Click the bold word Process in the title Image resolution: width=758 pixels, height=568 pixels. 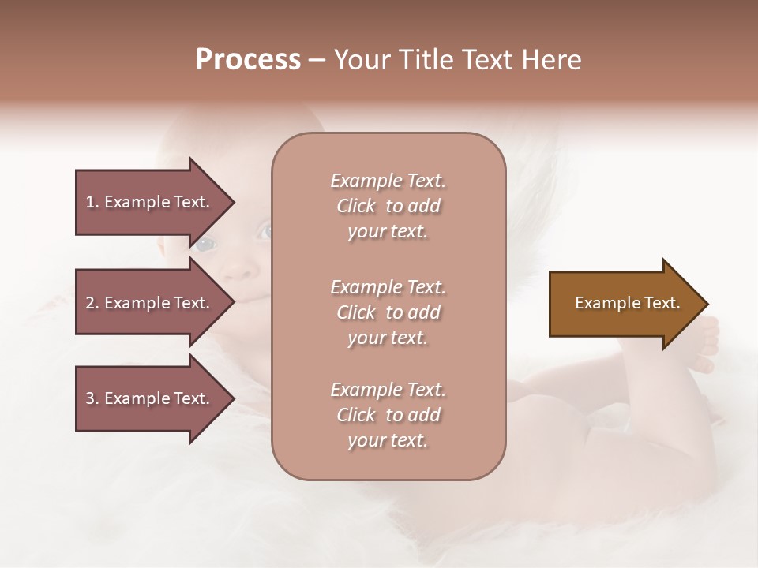[248, 60]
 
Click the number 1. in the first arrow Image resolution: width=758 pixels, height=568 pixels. [92, 202]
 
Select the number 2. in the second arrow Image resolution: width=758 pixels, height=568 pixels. [92, 303]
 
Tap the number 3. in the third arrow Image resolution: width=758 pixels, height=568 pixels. [92, 398]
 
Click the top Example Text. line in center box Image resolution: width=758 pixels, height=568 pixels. [388, 181]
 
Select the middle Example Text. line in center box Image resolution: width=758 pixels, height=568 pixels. [388, 287]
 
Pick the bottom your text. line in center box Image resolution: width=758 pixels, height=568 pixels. [388, 440]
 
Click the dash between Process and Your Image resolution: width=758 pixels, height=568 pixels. [317, 61]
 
